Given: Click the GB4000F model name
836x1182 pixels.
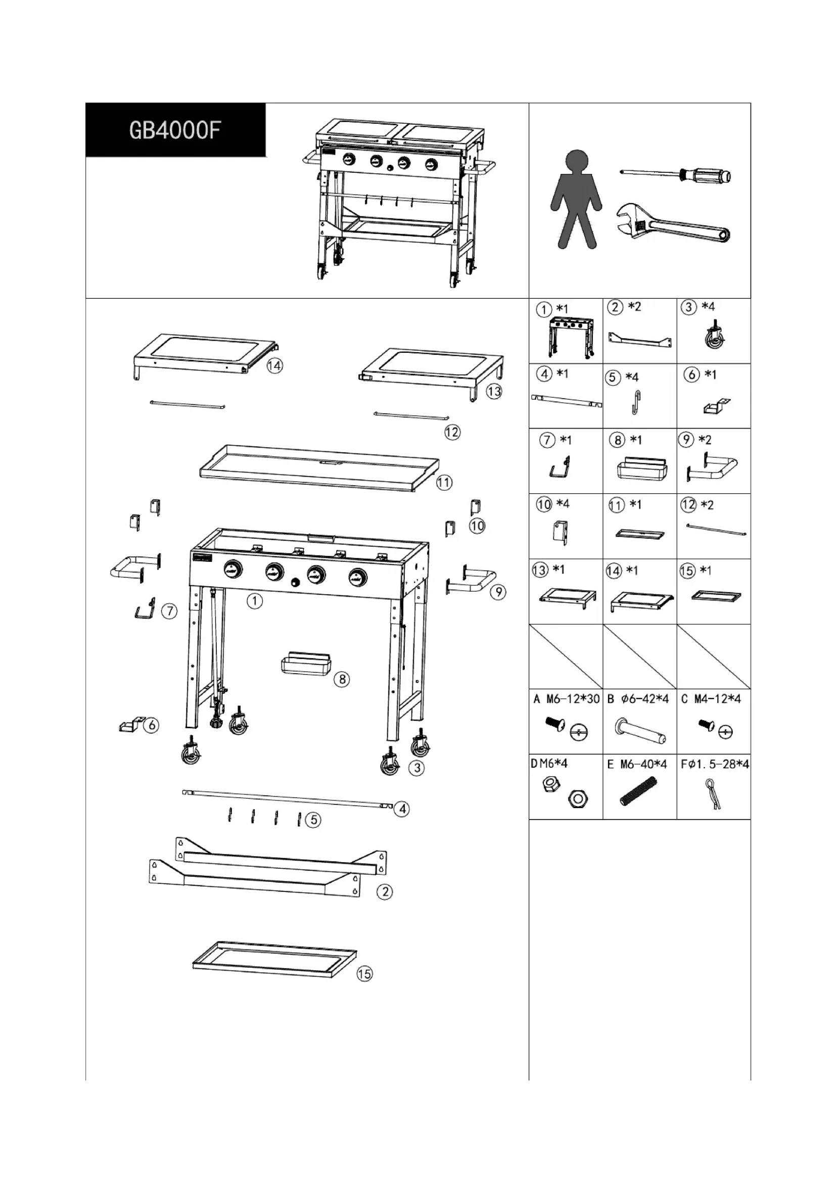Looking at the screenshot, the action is [x=175, y=130].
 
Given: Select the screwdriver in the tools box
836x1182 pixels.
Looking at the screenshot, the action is [x=675, y=175].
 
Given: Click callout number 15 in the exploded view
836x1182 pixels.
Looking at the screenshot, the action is [x=364, y=973].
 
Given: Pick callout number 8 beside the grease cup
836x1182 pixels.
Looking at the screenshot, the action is [x=342, y=679].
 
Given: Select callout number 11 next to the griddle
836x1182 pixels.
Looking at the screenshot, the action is [x=444, y=483].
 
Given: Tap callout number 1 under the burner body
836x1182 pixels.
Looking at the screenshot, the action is [x=254, y=601].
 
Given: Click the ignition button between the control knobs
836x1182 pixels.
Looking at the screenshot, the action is [x=296, y=582].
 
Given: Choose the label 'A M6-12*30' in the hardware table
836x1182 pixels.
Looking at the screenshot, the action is [x=566, y=698].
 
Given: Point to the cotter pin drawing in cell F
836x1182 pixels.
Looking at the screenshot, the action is [x=714, y=793].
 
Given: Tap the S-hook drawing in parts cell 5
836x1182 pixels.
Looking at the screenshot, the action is [x=636, y=402].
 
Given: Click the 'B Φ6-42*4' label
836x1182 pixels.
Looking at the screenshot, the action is [x=638, y=698].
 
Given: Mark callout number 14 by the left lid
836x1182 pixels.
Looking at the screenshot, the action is [x=274, y=365].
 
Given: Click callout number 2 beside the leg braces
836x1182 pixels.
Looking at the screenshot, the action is [x=385, y=891].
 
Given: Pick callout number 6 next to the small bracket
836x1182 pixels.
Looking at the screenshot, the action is [x=151, y=725].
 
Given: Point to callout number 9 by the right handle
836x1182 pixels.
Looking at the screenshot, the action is [x=498, y=592].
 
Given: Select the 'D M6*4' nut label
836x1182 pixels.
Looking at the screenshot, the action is [x=549, y=764].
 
